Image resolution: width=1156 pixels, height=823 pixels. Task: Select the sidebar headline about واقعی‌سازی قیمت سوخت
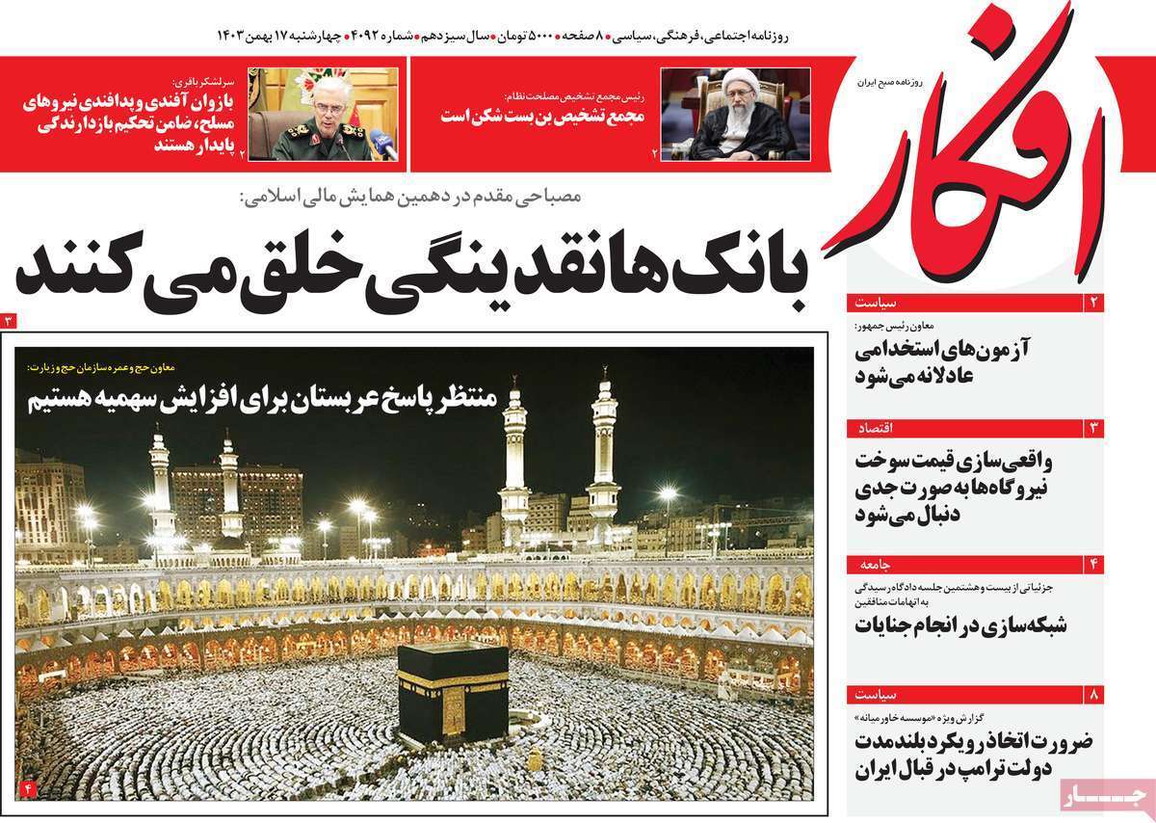pos(964,488)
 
